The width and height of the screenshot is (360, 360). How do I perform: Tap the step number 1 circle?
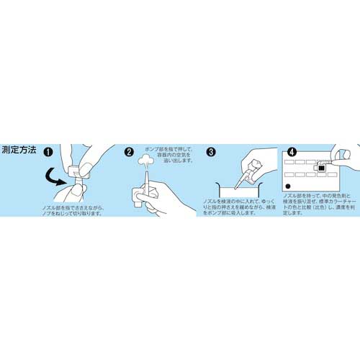tap(48, 153)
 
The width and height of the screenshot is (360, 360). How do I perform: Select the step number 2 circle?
tap(130, 153)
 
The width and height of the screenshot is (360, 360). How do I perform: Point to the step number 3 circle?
tap(211, 153)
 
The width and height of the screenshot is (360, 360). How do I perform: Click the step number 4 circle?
tap(292, 153)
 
